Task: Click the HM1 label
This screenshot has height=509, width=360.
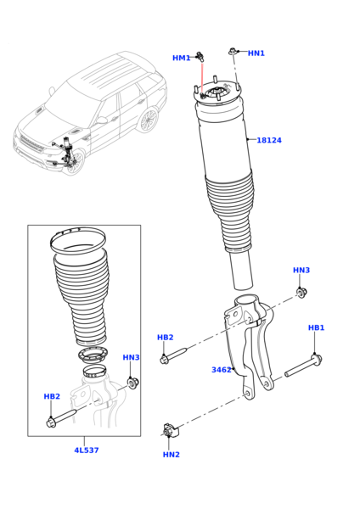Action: click(181, 59)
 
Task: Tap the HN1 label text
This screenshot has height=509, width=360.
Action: click(256, 53)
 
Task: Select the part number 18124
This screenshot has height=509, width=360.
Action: click(269, 140)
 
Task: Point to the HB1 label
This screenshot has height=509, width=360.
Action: click(316, 327)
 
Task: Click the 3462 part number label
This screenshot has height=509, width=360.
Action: click(222, 370)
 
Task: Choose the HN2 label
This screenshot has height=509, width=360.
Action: click(172, 455)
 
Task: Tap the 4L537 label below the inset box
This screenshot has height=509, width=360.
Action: click(86, 450)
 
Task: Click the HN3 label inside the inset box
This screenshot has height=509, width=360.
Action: click(131, 357)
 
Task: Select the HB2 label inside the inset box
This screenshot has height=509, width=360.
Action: click(52, 396)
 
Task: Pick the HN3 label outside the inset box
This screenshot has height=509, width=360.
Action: click(301, 271)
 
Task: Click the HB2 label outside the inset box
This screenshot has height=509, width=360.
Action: click(165, 337)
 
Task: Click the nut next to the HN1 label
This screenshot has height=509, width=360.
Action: click(233, 52)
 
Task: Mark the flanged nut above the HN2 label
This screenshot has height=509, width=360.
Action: click(170, 431)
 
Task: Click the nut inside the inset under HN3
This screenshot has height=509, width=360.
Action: click(132, 383)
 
